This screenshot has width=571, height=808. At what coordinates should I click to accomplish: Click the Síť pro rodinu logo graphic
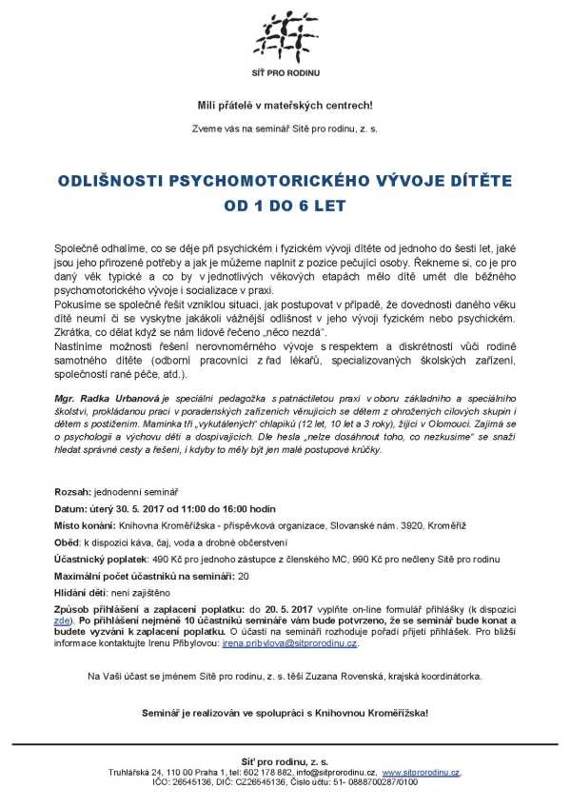(x=285, y=34)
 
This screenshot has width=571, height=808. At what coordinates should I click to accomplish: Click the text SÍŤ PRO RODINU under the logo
(x=285, y=74)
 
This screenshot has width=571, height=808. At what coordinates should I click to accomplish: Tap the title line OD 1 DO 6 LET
(x=285, y=204)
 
